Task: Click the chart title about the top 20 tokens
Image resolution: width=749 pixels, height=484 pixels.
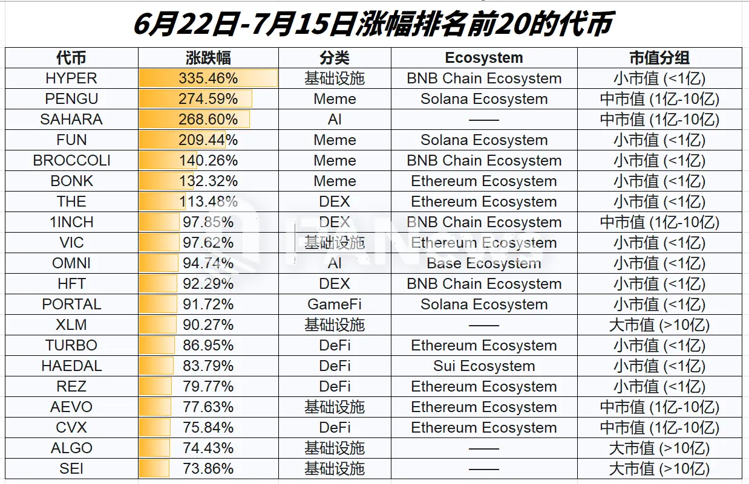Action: pos(373,24)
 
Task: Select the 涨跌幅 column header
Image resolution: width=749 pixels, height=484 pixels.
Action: pos(208,58)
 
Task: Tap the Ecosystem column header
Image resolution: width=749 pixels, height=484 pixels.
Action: pos(483,58)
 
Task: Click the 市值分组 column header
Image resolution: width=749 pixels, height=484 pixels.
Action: pos(659,58)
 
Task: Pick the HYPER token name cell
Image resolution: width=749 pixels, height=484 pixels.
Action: pos(71,79)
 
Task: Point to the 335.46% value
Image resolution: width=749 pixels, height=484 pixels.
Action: pos(208,79)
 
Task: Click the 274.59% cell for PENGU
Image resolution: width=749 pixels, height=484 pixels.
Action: pos(208,99)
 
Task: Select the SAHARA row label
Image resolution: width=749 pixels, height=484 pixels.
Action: pos(71,120)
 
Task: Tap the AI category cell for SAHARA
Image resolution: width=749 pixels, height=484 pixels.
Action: pos(335,120)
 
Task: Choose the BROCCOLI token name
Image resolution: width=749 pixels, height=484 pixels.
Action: pos(71,161)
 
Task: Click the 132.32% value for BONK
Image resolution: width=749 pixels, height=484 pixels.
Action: pos(208,181)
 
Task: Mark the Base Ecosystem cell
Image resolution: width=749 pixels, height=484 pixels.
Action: pos(483,263)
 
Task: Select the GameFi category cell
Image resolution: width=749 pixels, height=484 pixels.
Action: pos(335,305)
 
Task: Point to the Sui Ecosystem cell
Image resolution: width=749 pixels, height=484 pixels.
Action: pos(483,366)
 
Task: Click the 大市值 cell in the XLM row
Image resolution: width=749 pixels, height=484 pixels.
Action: pos(659,325)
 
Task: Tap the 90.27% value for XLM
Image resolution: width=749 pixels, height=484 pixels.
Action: pos(208,325)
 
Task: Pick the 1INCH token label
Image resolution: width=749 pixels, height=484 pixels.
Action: pos(71,222)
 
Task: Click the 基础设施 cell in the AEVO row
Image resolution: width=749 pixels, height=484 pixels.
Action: pos(335,407)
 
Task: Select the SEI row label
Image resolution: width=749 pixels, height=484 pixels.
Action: pos(71,469)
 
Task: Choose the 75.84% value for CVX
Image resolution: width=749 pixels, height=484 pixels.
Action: pos(208,428)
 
